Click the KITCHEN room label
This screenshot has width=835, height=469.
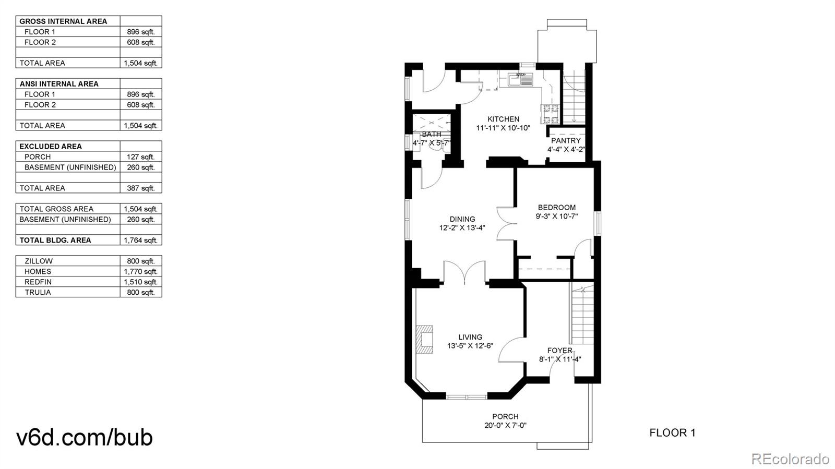pos(503,119)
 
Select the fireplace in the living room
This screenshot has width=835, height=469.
pos(424,340)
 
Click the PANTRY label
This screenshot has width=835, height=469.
pos(566,140)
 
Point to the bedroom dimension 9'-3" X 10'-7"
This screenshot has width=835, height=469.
pos(556,216)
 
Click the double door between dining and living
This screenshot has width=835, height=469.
pos(464,273)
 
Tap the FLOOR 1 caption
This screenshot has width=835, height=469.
pos(672,432)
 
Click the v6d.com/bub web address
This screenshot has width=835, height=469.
pos(85,437)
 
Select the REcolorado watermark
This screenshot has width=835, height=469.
pos(790,459)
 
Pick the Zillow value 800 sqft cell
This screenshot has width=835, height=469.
pos(140,261)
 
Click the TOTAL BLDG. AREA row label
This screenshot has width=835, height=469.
pos(55,240)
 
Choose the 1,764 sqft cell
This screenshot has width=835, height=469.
pos(140,240)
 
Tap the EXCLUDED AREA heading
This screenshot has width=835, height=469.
pos(51,146)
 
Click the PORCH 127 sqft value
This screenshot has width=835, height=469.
pos(140,157)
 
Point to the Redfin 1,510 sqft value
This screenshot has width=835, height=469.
pos(140,282)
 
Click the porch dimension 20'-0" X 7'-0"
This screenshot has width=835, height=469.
pos(505,425)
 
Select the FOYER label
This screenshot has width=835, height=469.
pos(559,350)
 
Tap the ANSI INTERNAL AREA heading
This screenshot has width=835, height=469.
pos(59,83)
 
